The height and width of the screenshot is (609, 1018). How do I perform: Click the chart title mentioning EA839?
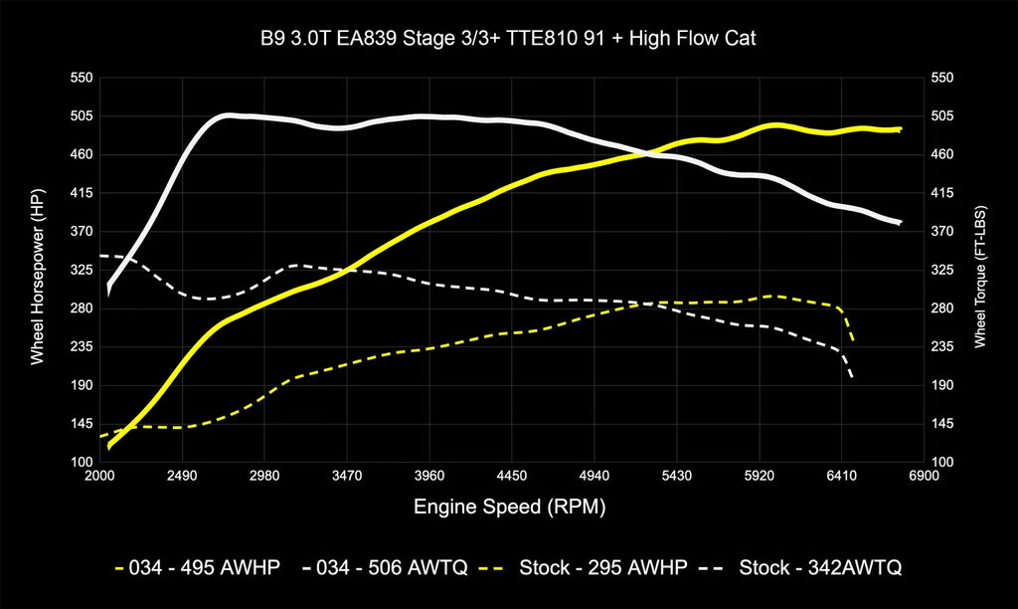pyautogui.click(x=508, y=39)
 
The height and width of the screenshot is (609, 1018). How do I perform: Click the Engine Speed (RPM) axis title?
pyautogui.click(x=509, y=507)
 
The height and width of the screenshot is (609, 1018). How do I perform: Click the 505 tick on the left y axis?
pyautogui.click(x=82, y=115)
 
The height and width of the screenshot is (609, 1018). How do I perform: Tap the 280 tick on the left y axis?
pyautogui.click(x=82, y=308)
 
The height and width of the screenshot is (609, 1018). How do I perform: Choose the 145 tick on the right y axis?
pyautogui.click(x=941, y=424)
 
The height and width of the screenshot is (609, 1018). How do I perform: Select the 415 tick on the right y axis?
pyautogui.click(x=941, y=193)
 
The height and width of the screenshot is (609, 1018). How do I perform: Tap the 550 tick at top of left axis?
pyautogui.click(x=82, y=78)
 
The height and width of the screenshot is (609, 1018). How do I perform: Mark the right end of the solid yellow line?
pyautogui.click(x=900, y=129)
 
